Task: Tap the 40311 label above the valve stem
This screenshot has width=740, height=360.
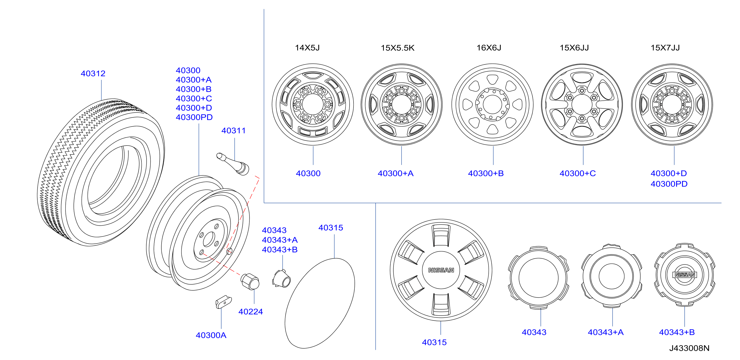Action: pyautogui.click(x=233, y=131)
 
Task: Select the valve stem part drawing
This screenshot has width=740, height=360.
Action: pyautogui.click(x=233, y=164)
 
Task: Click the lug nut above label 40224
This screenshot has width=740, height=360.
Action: pyautogui.click(x=250, y=282)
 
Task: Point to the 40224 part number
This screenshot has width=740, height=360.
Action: pyautogui.click(x=250, y=312)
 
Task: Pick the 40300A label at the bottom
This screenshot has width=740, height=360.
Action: pyautogui.click(x=211, y=335)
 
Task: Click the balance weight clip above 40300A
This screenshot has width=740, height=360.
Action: pyautogui.click(x=223, y=302)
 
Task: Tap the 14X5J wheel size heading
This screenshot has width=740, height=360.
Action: pyautogui.click(x=307, y=48)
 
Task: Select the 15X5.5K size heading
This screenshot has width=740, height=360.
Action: pyautogui.click(x=398, y=48)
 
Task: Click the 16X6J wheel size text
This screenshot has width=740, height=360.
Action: pyautogui.click(x=489, y=48)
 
